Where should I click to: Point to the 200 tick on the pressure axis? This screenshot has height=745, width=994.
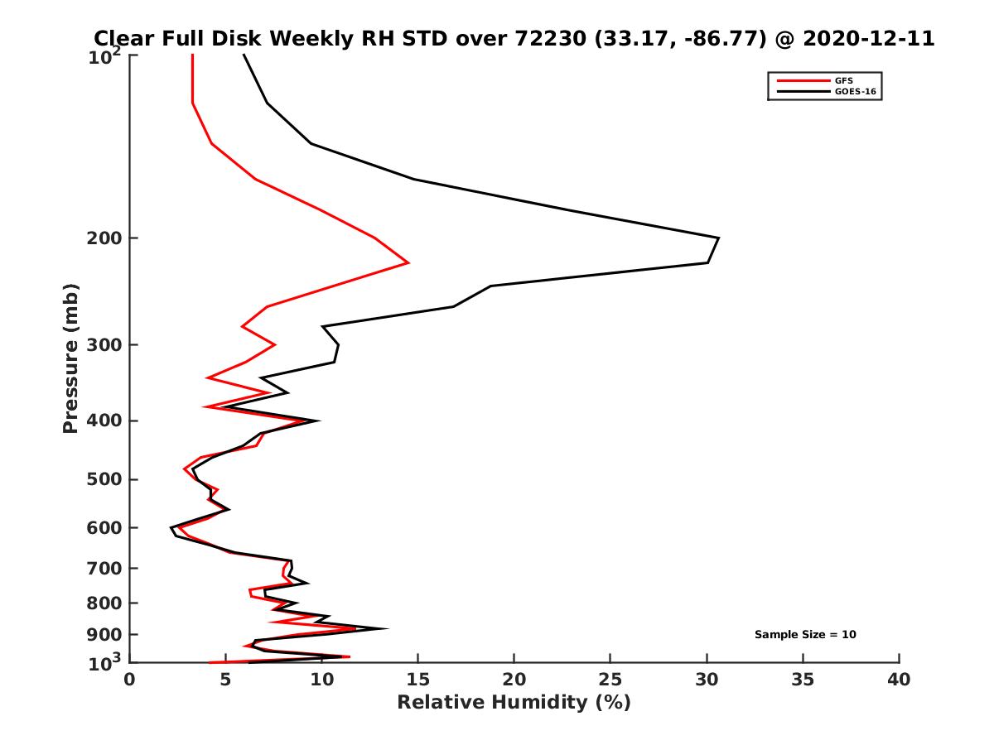tap(107, 238)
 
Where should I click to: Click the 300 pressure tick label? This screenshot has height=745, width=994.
tap(107, 345)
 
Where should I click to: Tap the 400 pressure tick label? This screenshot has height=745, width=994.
tap(107, 421)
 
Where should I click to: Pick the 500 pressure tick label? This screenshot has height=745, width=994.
tap(107, 479)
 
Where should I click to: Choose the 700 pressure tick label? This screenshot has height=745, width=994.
tap(107, 568)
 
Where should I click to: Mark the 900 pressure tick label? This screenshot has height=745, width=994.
tap(107, 635)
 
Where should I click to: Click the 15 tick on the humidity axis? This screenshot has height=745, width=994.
tap(418, 680)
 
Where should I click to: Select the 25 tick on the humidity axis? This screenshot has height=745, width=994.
tap(610, 680)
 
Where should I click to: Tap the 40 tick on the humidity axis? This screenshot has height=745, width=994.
tap(899, 680)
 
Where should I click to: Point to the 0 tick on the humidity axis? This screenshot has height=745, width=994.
tap(130, 680)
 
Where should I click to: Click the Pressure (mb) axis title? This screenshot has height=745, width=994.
tap(70, 358)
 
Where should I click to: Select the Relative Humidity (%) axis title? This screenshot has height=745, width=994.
tap(514, 703)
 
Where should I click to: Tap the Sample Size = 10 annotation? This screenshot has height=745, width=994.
tap(805, 635)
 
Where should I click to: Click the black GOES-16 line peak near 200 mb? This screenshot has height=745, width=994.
tap(718, 238)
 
